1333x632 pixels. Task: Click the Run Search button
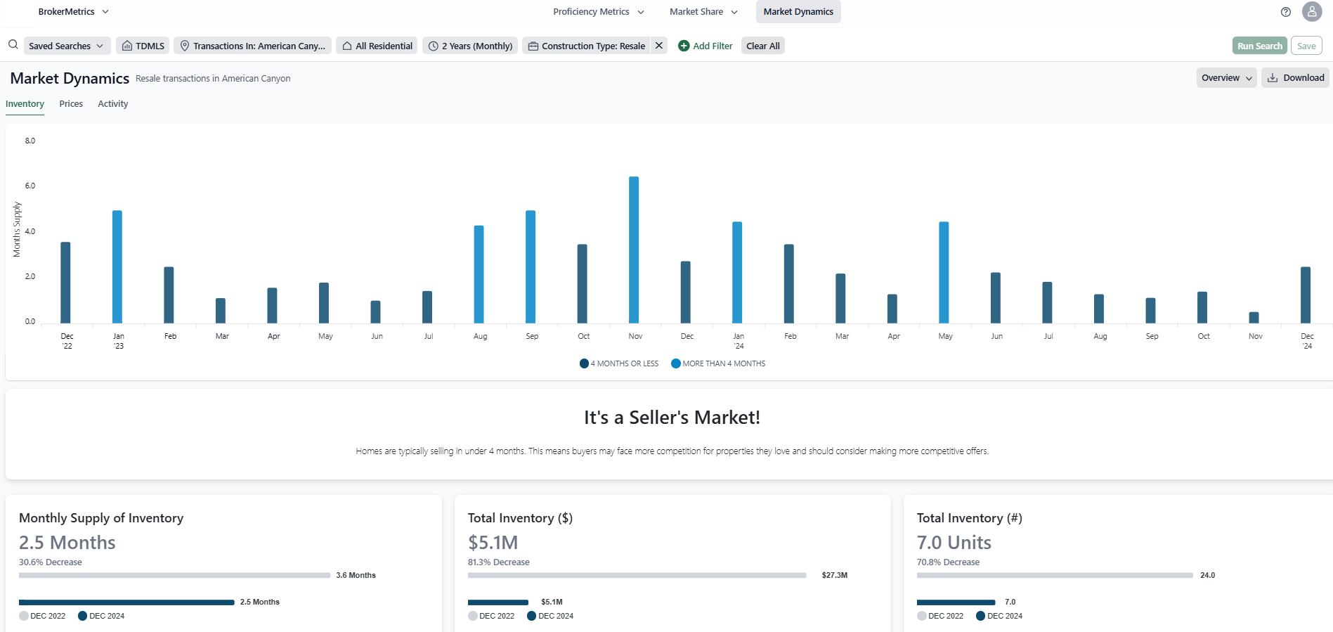1259,46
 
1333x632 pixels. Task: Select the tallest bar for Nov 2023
634,250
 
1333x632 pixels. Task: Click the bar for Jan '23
117,266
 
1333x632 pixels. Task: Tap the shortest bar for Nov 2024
1254,318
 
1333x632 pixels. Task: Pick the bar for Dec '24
1306,295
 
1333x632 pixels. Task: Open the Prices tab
71,104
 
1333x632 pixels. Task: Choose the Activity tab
112,104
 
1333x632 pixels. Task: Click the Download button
1296,78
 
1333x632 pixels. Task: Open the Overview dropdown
1226,78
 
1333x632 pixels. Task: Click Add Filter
705,46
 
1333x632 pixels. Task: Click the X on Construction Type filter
659,46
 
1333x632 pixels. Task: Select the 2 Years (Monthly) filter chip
470,46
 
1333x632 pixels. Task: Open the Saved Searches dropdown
67,46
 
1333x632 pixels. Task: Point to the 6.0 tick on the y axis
30,186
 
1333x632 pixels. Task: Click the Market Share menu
703,12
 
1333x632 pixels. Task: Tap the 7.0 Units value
954,543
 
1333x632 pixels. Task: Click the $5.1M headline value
493,543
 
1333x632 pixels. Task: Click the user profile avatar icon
1311,12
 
